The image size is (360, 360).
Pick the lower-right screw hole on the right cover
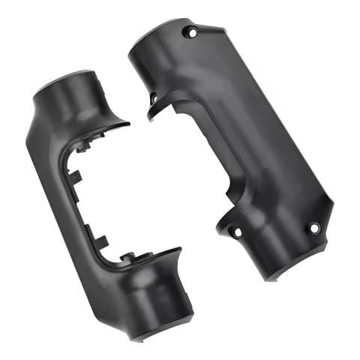tap(314, 227)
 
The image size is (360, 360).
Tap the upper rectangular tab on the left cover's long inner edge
tap(77, 178)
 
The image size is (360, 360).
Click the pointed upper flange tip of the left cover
tap(126, 124)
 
